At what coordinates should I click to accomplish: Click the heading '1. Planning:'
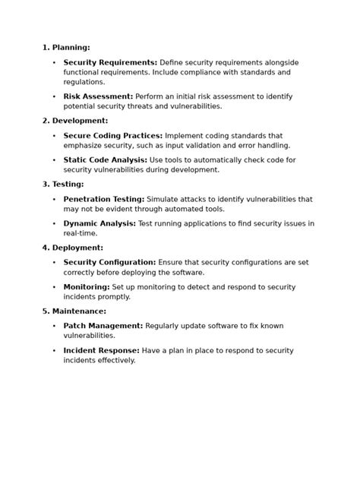[66, 48]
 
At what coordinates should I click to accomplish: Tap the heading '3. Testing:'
[63, 185]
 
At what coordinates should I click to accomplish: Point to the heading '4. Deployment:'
[73, 248]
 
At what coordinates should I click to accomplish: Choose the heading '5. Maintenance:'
[74, 311]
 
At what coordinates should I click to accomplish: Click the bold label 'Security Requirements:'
[110, 62]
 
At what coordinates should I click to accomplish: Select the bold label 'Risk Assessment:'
[98, 96]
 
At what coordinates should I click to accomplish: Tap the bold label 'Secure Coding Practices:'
[112, 135]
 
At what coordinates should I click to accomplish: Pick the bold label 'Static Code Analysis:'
[105, 160]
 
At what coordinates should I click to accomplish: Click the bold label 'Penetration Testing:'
[103, 199]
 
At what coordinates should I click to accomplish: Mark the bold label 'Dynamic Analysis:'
[99, 224]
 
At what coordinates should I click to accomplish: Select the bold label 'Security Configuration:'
[109, 263]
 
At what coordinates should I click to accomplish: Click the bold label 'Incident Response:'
[101, 351]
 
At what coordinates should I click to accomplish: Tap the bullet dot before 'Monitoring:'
[54, 288]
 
